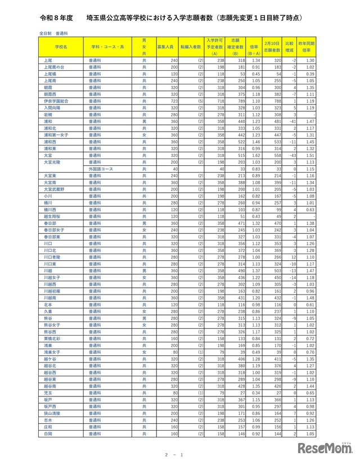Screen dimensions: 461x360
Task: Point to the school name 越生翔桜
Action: pos(49,216)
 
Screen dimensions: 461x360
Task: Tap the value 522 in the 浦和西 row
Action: pos(241,142)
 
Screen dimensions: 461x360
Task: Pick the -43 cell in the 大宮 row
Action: pos(292,155)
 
